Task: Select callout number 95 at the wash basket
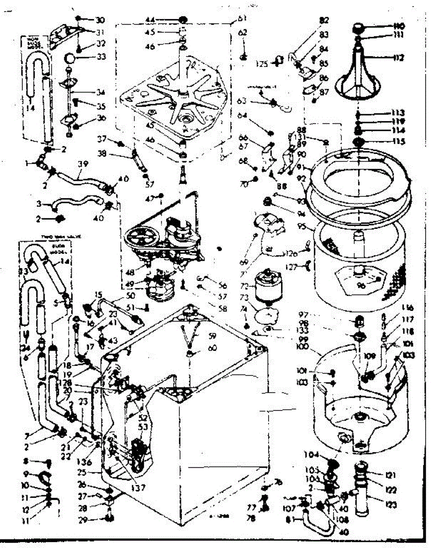point(302,226)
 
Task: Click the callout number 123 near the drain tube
point(391,505)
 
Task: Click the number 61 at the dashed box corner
point(242,19)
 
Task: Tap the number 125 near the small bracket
point(262,64)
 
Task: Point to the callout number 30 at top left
point(100,20)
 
